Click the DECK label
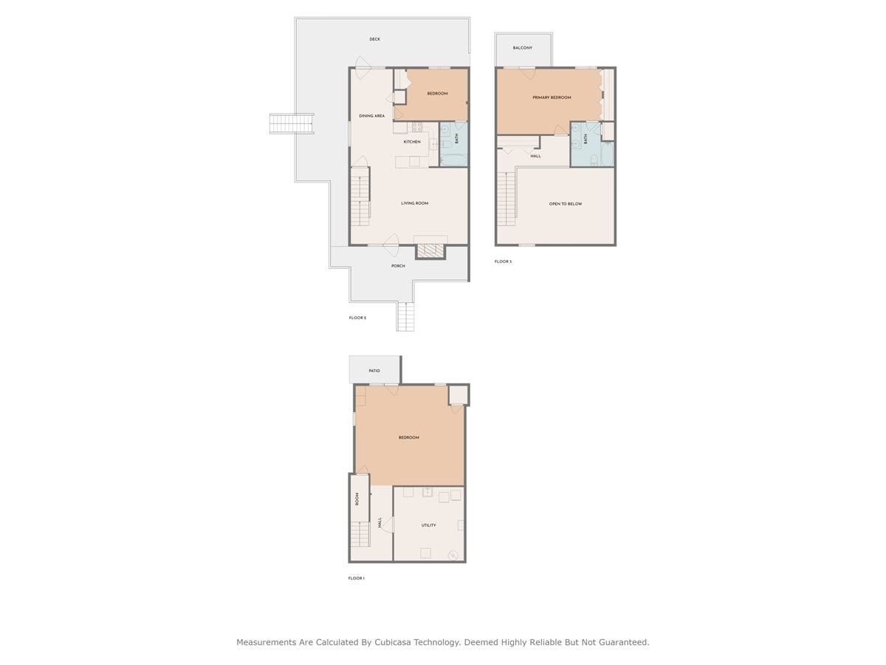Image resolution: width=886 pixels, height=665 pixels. pyautogui.click(x=375, y=39)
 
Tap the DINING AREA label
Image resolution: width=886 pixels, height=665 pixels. pyautogui.click(x=371, y=116)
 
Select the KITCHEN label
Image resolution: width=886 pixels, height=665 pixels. pyautogui.click(x=412, y=142)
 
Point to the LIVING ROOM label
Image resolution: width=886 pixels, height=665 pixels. pyautogui.click(x=414, y=203)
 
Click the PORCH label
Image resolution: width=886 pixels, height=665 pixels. pyautogui.click(x=398, y=266)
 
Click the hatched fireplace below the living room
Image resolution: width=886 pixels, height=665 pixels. pyautogui.click(x=431, y=251)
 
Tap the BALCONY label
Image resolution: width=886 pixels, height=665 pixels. pyautogui.click(x=523, y=48)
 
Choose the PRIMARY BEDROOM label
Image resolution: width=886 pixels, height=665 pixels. pyautogui.click(x=552, y=98)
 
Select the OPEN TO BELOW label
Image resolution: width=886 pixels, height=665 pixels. pyautogui.click(x=565, y=204)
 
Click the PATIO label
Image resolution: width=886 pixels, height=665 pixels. pyautogui.click(x=374, y=370)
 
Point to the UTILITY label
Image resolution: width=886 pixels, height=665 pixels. pyautogui.click(x=428, y=525)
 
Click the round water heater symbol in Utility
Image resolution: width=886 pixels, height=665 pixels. pyautogui.click(x=453, y=555)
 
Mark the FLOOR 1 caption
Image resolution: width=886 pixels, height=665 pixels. pyautogui.click(x=357, y=579)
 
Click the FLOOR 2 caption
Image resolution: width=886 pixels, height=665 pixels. pyautogui.click(x=357, y=318)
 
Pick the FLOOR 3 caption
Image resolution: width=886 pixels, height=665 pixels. pyautogui.click(x=503, y=262)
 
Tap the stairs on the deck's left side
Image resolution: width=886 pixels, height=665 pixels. pyautogui.click(x=292, y=123)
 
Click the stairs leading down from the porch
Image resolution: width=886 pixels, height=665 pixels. pyautogui.click(x=406, y=317)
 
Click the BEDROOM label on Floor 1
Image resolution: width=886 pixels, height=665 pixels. pyautogui.click(x=408, y=437)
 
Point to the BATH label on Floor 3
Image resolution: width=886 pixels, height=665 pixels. pyautogui.click(x=585, y=138)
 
